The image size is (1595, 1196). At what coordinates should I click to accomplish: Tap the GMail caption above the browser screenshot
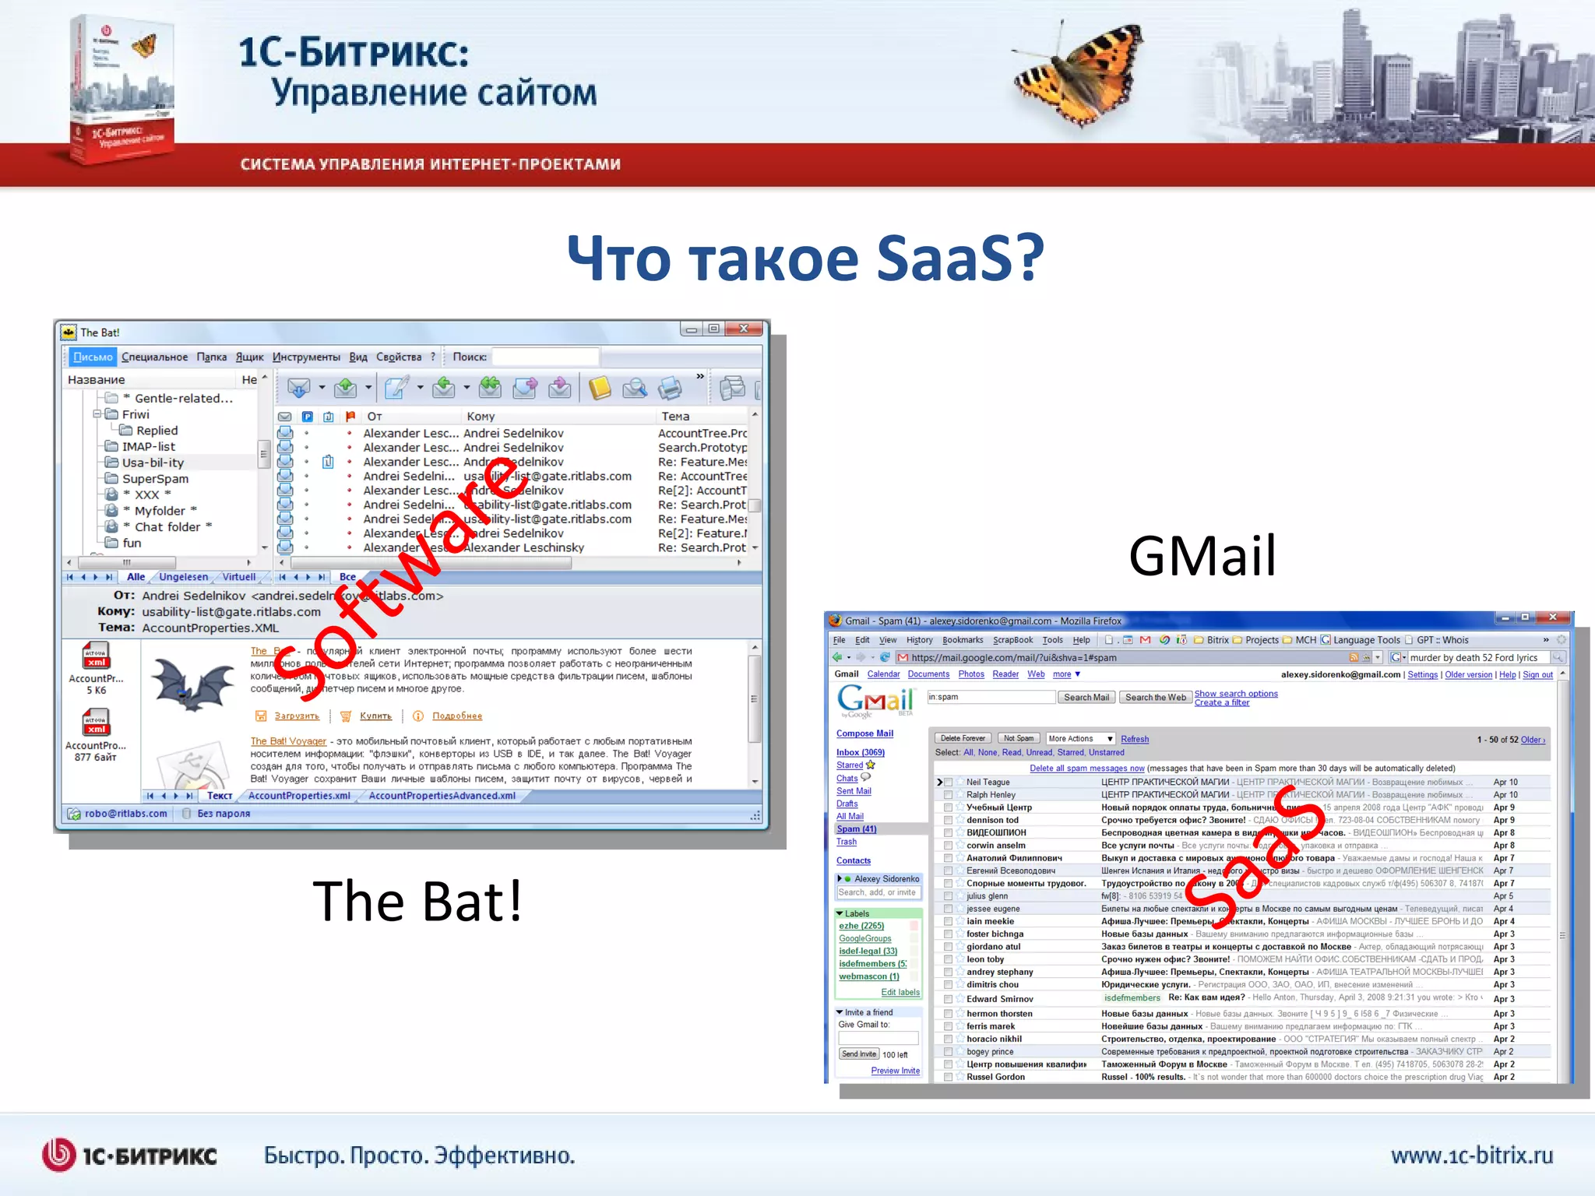pos(1202,557)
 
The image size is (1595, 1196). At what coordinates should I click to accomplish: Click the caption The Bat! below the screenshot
pos(417,901)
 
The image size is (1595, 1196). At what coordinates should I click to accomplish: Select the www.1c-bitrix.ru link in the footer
pos(1471,1155)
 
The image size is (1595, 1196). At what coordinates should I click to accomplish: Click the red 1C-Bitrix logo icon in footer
pos(58,1155)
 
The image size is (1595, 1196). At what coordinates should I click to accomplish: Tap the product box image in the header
pos(121,90)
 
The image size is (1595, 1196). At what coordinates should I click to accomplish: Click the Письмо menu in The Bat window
pos(93,357)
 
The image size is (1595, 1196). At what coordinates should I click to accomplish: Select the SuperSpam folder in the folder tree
pos(155,479)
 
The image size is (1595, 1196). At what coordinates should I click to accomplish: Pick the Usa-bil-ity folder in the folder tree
pos(153,463)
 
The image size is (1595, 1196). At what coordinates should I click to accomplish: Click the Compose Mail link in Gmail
pos(864,733)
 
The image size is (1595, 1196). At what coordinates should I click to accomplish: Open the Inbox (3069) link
pos(860,752)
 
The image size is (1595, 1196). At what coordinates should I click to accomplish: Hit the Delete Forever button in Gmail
pos(963,738)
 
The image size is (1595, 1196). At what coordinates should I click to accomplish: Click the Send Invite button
pos(858,1054)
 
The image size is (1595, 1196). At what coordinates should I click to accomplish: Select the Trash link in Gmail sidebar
pos(846,842)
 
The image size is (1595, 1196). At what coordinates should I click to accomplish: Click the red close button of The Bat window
pos(744,329)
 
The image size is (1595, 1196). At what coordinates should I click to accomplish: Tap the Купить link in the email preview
pos(375,716)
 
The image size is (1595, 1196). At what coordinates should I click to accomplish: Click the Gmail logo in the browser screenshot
pos(875,700)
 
